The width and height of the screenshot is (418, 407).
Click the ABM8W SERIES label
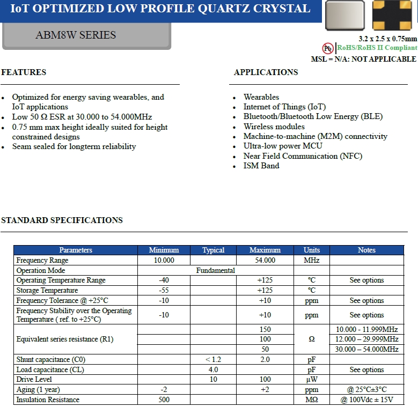point(76,35)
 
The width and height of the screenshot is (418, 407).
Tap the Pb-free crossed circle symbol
point(328,48)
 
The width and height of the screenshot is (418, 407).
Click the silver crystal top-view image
point(344,15)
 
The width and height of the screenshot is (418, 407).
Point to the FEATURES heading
point(24,72)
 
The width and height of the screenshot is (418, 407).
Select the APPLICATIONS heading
point(266,72)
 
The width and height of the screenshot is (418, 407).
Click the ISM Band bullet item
point(261,166)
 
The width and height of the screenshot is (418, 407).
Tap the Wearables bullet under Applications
point(261,97)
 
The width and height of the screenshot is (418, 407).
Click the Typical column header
point(214,250)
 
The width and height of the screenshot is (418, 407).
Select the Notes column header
point(366,250)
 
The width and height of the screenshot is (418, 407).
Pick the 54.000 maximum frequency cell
point(265,260)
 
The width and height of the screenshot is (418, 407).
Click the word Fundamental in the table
point(216,270)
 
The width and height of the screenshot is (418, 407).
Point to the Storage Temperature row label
point(47,290)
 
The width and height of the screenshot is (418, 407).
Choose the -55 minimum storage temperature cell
point(164,290)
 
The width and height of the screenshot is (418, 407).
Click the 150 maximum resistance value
point(265,329)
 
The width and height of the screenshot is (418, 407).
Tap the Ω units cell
point(311,339)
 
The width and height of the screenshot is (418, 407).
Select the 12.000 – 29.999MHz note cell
point(367,339)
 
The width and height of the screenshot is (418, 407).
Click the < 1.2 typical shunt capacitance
point(214,359)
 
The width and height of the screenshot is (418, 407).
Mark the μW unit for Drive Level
point(311,379)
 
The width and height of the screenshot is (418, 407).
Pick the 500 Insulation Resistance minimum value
point(164,399)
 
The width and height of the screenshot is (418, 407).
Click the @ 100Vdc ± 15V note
point(367,399)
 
